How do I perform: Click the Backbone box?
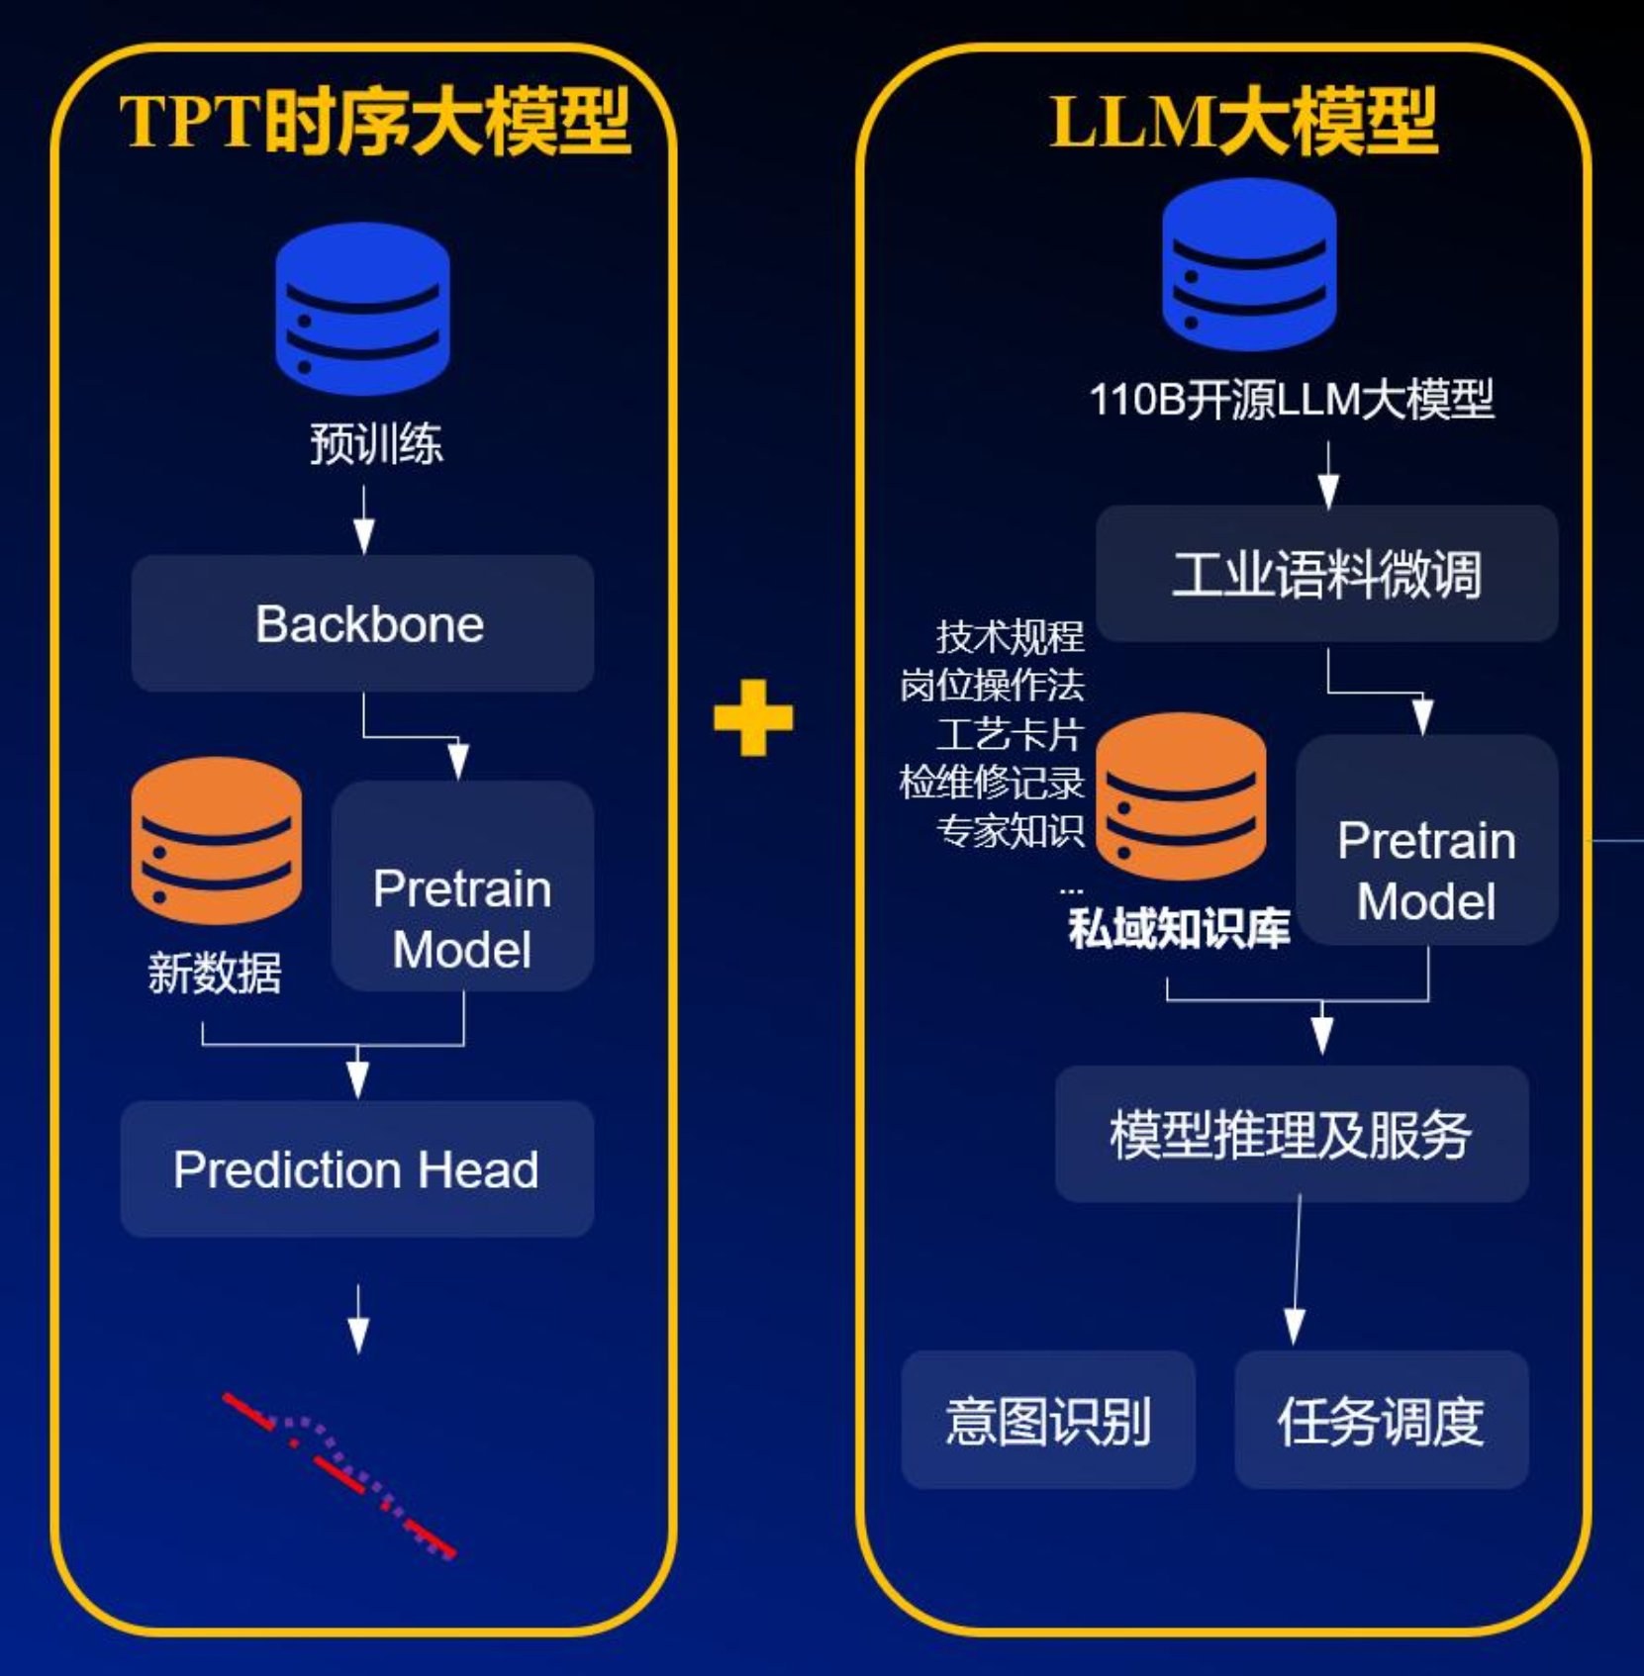[362, 623]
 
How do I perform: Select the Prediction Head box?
[357, 1168]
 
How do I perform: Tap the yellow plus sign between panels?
[753, 717]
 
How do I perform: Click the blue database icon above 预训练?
[362, 308]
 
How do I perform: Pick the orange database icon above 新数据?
[216, 840]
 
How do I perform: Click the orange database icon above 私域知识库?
[1181, 795]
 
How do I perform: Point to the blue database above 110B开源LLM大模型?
[1249, 263]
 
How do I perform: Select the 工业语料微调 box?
[1326, 574]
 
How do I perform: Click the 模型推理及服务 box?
[1291, 1134]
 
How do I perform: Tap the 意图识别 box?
[1048, 1420]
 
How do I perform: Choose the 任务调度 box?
[1381, 1420]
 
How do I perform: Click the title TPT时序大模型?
[374, 122]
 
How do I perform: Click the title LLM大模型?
[1243, 122]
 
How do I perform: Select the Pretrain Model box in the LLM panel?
[1426, 840]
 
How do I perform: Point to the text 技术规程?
[1010, 636]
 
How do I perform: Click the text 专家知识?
[1010, 831]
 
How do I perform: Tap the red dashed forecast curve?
[337, 1474]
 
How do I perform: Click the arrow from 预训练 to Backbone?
[363, 520]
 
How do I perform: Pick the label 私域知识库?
[1178, 928]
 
